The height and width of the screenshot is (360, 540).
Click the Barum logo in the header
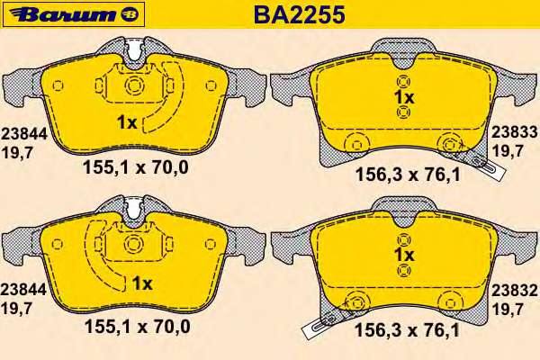(x=73, y=14)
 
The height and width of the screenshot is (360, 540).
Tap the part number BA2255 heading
(x=300, y=14)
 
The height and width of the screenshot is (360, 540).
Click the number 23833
(x=514, y=131)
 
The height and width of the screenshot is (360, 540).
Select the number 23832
(x=514, y=291)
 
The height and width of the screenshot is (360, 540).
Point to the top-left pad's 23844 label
(x=23, y=134)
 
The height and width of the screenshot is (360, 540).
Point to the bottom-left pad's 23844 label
(x=23, y=290)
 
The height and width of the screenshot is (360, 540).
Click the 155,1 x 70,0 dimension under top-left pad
(x=136, y=167)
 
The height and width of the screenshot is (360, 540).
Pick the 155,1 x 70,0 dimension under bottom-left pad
(x=138, y=326)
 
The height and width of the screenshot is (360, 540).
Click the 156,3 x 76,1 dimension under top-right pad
(x=408, y=175)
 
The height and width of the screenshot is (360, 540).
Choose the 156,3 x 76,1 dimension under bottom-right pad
(x=407, y=330)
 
